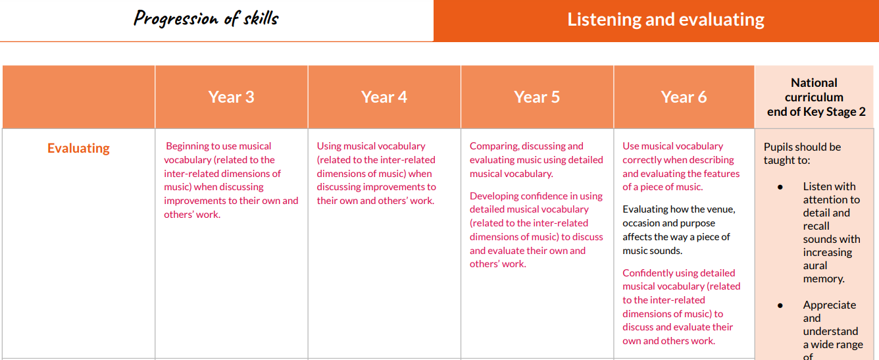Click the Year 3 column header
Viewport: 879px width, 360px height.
[231, 97]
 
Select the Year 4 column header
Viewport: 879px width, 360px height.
[384, 97]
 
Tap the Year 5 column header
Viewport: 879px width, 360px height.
[537, 97]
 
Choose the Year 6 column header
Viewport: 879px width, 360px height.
[684, 97]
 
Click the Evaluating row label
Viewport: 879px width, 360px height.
[78, 148]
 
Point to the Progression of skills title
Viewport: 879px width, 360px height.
[206, 19]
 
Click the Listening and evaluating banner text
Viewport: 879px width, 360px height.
[666, 20]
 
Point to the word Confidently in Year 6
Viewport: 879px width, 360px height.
[647, 273]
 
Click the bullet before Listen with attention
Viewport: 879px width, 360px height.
[780, 188]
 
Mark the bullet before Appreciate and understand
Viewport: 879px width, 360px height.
[780, 305]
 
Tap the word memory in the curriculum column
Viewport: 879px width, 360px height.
[824, 279]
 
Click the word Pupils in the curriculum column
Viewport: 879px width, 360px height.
[776, 147]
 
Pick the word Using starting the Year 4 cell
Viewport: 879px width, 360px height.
[329, 146]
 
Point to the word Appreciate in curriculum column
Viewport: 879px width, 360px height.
[830, 305]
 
